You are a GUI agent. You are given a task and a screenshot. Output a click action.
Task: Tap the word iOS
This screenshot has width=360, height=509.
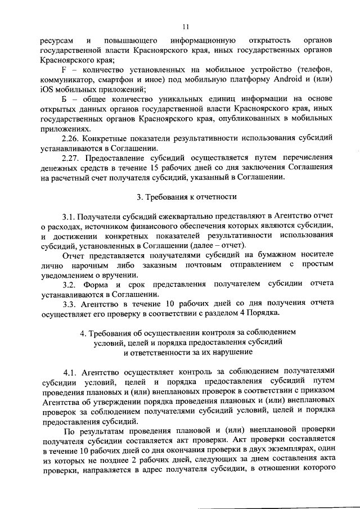click(48, 89)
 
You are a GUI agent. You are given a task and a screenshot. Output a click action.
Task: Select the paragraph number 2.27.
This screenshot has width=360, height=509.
click(72, 158)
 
